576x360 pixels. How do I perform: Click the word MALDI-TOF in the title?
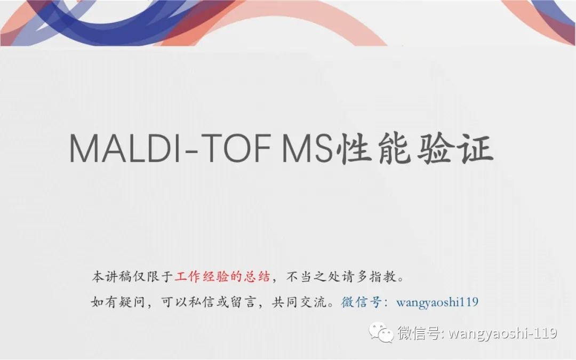point(170,148)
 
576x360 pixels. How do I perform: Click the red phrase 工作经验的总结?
point(222,277)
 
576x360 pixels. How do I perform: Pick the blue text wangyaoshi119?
point(437,302)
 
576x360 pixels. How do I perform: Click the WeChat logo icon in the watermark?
point(381,332)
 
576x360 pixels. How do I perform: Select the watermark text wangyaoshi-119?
point(503,333)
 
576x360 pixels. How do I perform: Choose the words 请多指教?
point(369,277)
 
